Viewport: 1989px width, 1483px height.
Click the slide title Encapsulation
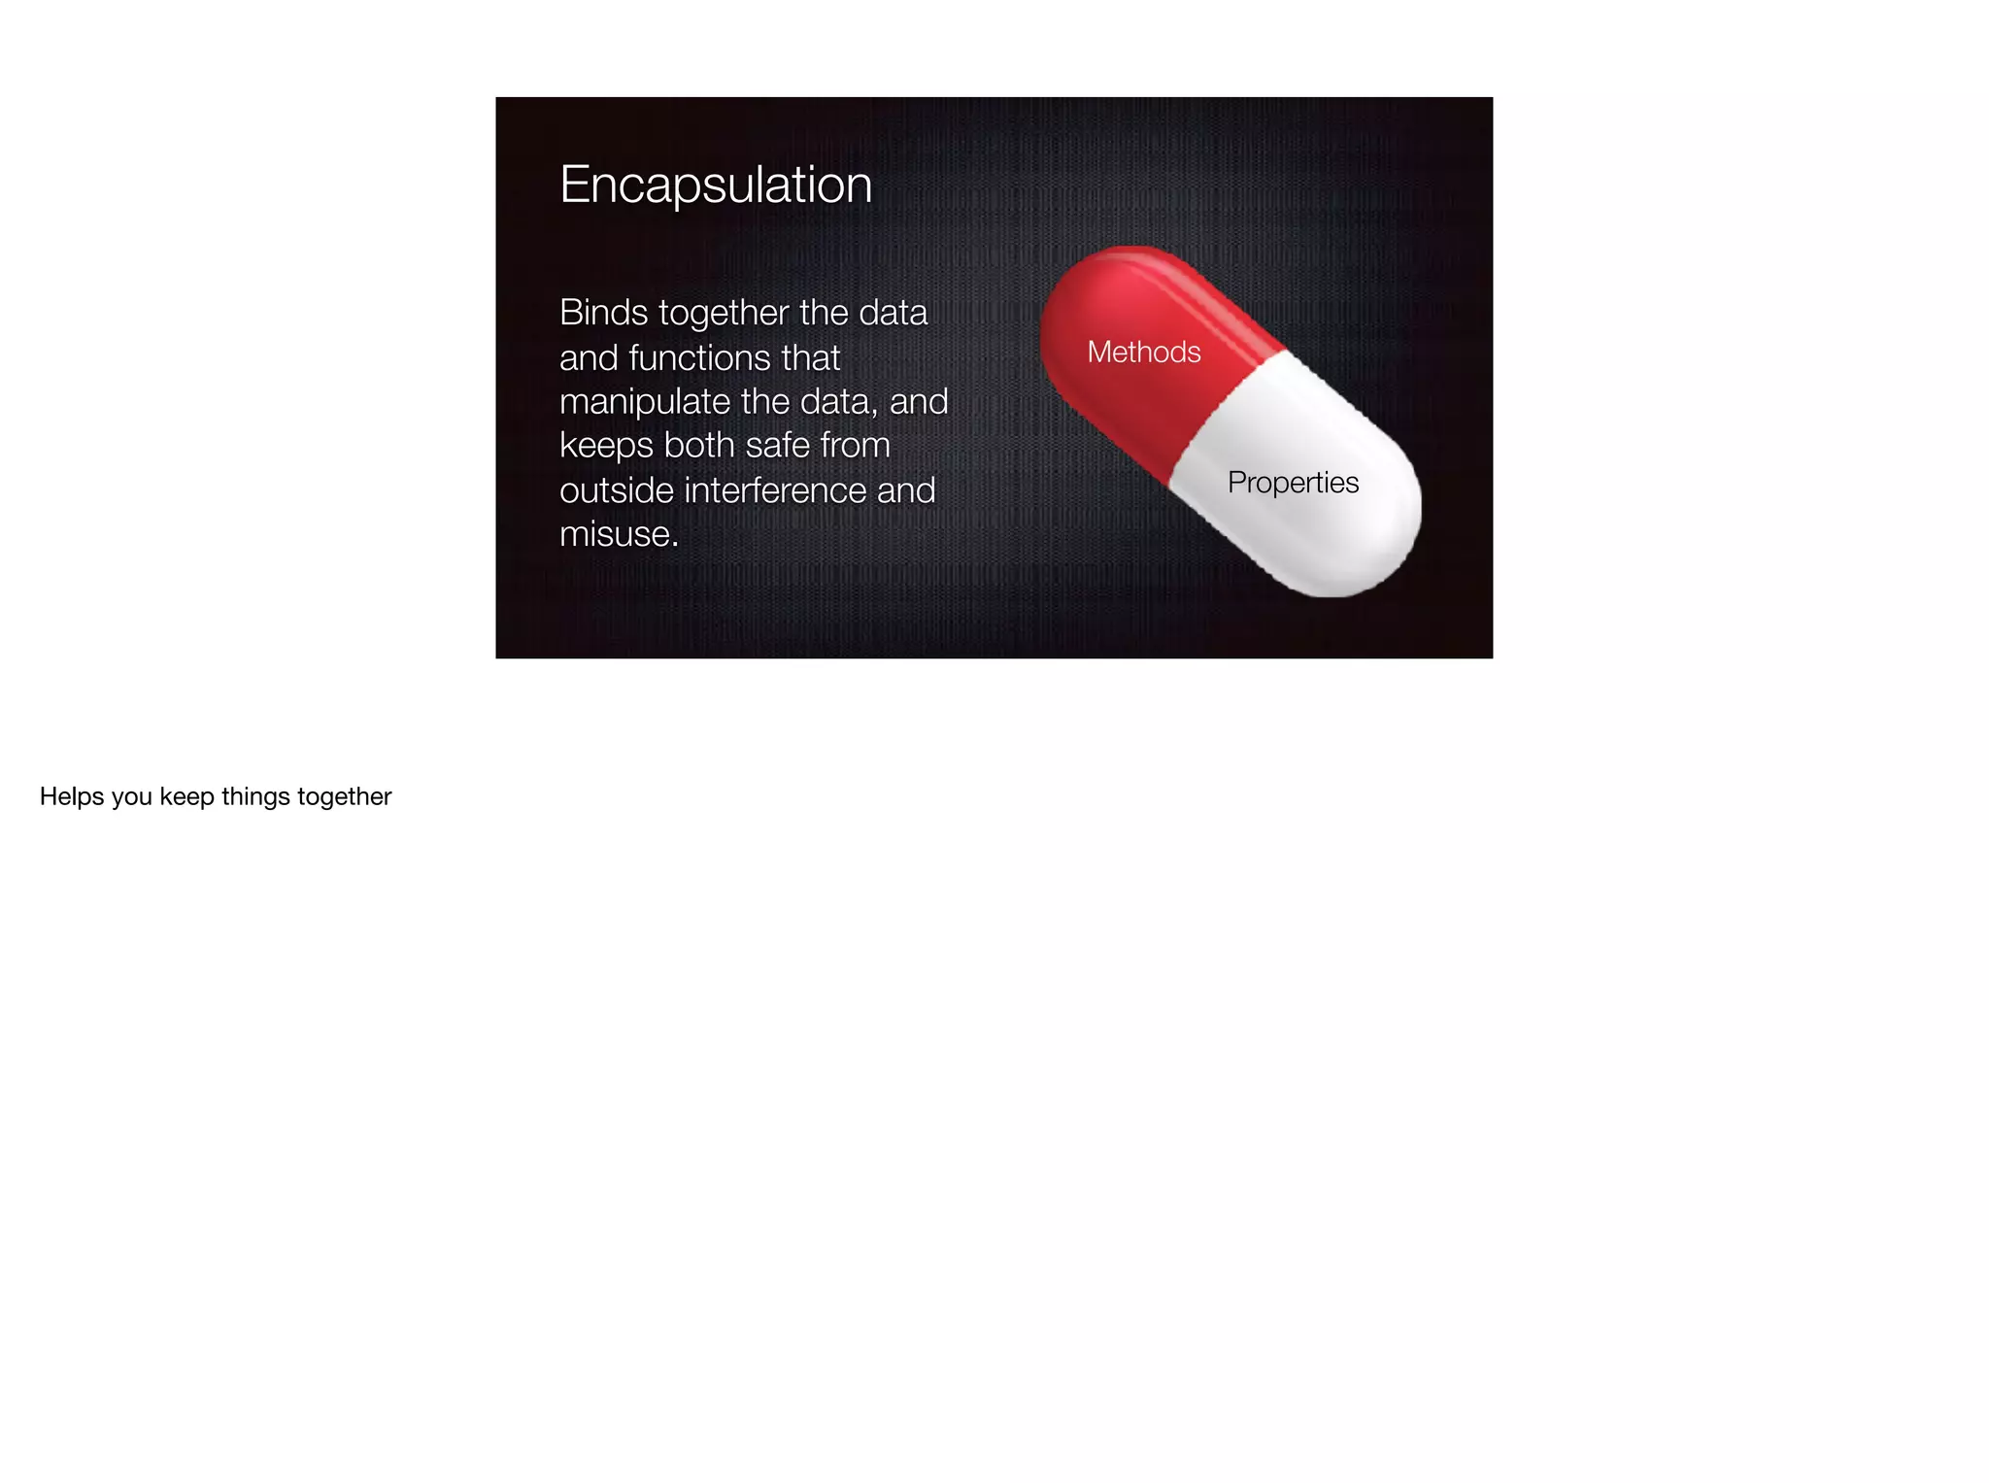[716, 185]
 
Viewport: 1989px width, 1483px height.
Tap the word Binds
[603, 313]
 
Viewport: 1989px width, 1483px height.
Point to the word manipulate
[645, 402]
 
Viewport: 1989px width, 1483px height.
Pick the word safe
[778, 446]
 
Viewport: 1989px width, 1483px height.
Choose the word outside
[617, 490]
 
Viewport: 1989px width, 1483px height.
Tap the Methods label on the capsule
[1144, 352]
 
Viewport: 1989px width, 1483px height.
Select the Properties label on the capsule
[1293, 483]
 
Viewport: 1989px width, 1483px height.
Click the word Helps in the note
[72, 797]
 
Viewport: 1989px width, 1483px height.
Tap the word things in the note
[255, 797]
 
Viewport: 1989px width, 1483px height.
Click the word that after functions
[810, 357]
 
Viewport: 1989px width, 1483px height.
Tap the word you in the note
[132, 797]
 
